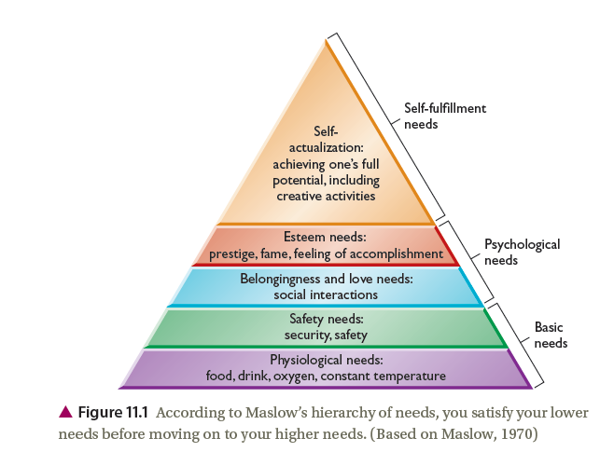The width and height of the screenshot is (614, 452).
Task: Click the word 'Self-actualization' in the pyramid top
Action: click(x=327, y=140)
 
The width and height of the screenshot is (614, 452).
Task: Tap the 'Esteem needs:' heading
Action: click(x=326, y=237)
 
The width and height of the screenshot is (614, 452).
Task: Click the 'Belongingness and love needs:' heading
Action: click(x=327, y=279)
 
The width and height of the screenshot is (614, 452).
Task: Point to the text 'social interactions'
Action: click(x=326, y=294)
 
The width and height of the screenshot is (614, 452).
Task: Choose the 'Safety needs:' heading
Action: click(x=327, y=319)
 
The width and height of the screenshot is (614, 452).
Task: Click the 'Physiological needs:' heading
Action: click(x=327, y=360)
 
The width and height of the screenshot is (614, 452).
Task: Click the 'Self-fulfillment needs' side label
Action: click(x=445, y=116)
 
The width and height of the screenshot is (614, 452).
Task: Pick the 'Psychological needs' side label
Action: click(x=523, y=252)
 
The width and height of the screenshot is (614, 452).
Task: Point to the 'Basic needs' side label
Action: click(x=551, y=335)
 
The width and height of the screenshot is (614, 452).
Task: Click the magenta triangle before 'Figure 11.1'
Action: click(x=65, y=412)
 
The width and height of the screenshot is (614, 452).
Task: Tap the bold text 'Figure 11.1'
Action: click(x=113, y=412)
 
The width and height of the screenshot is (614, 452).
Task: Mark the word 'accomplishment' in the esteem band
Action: click(x=397, y=254)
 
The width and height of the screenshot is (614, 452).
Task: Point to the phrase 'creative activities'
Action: click(x=326, y=196)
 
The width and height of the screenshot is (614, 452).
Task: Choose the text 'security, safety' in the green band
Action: click(x=326, y=336)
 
